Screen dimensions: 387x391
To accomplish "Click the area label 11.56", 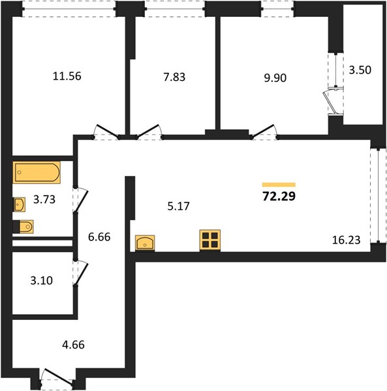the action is click(67, 76).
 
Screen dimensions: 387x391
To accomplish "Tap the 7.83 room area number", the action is click(174, 77).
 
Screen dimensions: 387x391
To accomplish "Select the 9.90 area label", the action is click(275, 78).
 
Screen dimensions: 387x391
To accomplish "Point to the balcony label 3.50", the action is click(360, 70).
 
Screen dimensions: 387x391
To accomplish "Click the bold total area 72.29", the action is click(279, 196).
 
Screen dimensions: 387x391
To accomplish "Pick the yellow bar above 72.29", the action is click(279, 184).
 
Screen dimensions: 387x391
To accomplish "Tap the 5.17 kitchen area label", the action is click(179, 206).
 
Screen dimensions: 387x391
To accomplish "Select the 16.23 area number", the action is click(347, 240).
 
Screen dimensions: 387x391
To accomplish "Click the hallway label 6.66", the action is click(99, 237).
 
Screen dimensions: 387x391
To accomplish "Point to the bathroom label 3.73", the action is click(44, 199).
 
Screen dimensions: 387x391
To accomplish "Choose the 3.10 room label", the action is click(42, 280).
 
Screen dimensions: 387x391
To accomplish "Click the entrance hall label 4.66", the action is click(73, 345).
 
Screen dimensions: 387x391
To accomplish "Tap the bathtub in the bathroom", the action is click(37, 173).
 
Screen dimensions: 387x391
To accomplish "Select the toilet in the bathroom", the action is click(23, 227).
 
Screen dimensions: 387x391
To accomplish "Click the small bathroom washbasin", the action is click(19, 205).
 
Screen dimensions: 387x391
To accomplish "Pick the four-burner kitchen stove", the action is click(210, 240).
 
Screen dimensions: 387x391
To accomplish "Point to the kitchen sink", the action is click(145, 242).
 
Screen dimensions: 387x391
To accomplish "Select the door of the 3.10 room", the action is click(80, 272).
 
